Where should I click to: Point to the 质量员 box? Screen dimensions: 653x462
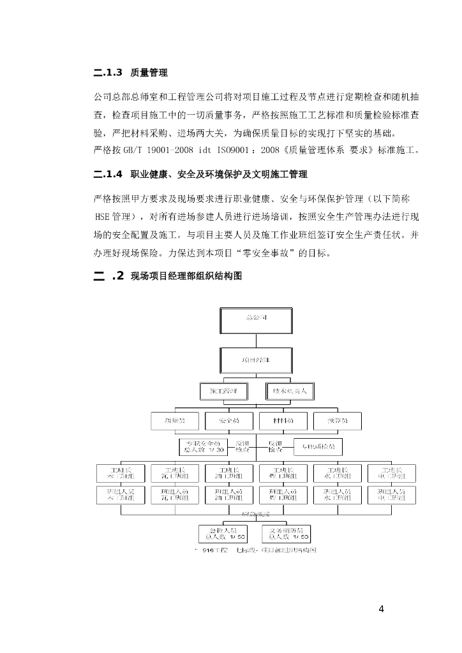(x=175, y=420)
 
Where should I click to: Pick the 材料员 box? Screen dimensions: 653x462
(x=283, y=420)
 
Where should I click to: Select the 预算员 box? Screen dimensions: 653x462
(x=338, y=420)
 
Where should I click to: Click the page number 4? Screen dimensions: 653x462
(x=381, y=608)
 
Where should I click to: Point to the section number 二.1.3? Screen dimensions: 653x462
(x=107, y=73)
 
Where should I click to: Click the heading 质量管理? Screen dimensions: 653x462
(x=149, y=73)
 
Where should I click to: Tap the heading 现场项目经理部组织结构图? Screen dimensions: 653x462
(x=186, y=276)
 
